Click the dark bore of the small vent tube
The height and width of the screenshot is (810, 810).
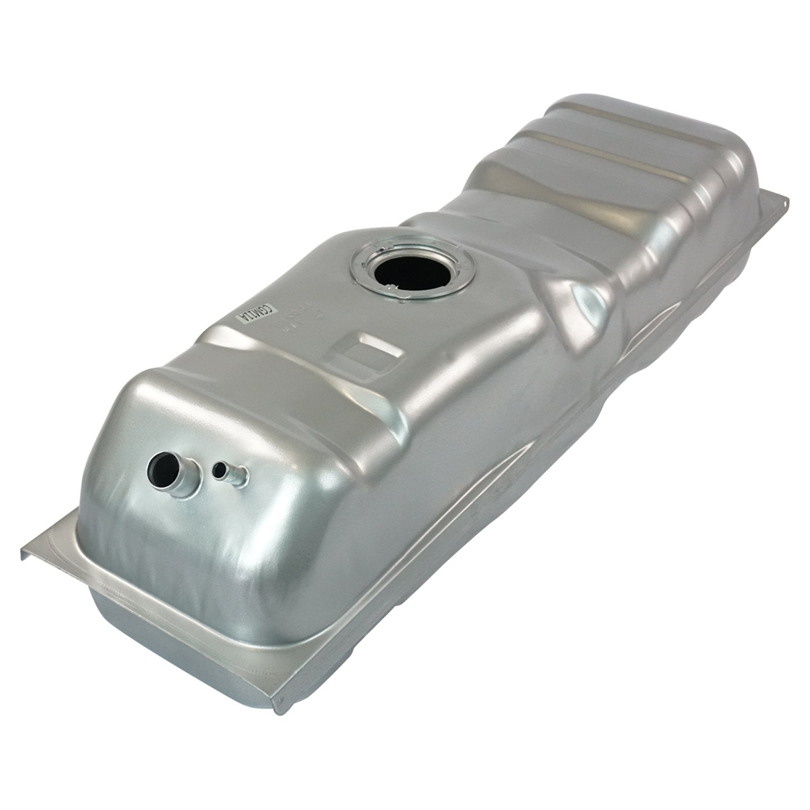pyautogui.click(x=219, y=470)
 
